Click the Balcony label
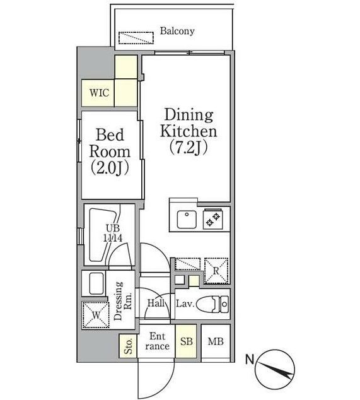coord(177,31)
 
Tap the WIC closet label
coord(99,93)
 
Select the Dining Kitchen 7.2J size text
coord(188,148)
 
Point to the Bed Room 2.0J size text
coord(110,168)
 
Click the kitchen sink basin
coord(187,220)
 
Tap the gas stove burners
coord(213,220)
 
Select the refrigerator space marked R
coord(216,271)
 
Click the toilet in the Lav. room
coord(213,304)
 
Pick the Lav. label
coord(185,304)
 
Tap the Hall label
coord(156,303)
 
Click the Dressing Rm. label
coord(123,301)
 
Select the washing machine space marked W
coord(96,315)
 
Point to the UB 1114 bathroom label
coord(113,233)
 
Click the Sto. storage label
coord(129,346)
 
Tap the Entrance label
coord(158,341)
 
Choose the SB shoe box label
coord(187,341)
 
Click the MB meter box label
coord(216,341)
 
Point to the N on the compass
coord(250,360)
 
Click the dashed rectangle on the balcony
coord(136,38)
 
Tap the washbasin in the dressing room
coord(96,284)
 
